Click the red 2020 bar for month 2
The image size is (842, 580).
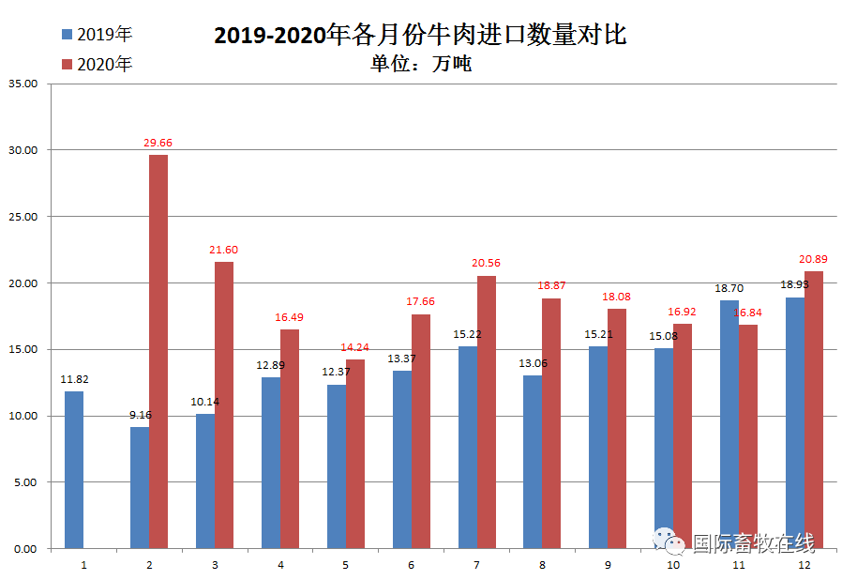coord(158,351)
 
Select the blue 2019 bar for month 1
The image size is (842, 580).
coord(74,469)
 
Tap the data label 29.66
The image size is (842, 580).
coord(158,143)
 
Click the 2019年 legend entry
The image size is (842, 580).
coord(97,35)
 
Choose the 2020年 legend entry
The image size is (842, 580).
coord(97,64)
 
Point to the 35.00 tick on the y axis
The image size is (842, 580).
coord(22,84)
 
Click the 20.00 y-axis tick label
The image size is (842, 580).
coord(22,283)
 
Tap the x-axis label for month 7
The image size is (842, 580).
coord(476,566)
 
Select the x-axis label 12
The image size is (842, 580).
coord(804,566)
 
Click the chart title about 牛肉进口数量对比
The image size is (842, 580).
coord(420,36)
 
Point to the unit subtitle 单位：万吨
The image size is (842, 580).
coord(421,64)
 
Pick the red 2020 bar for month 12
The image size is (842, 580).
coord(814,409)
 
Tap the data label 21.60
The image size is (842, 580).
coord(223,250)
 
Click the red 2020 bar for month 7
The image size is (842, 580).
coord(486,412)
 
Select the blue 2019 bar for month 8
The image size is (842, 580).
coord(532,462)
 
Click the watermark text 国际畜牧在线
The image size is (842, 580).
coord(753,542)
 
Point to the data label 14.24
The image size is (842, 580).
coord(354,346)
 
